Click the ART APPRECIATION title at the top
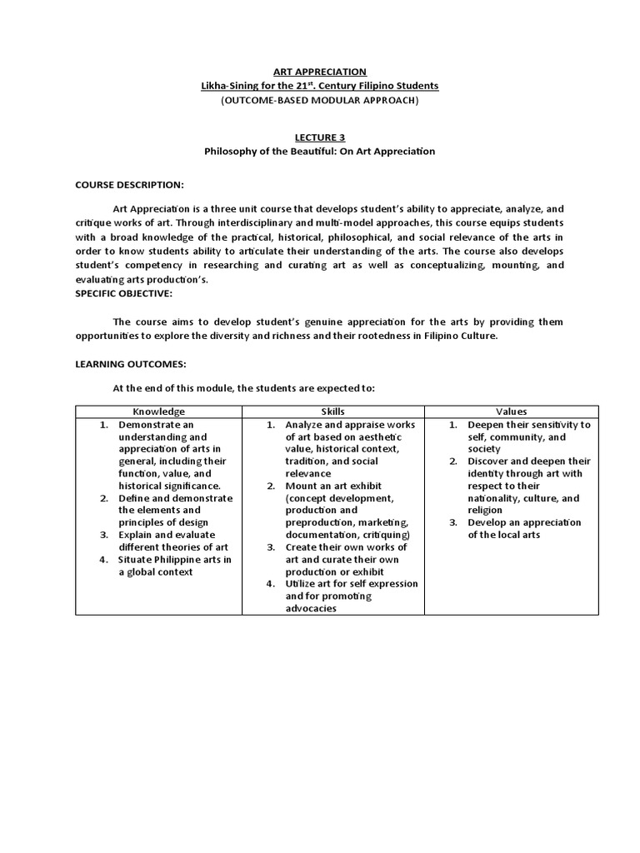pos(320,72)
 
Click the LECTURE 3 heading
pos(320,137)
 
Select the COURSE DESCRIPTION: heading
pos(129,184)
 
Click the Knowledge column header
pos(158,412)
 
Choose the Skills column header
pos(332,412)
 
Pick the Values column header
pos(511,412)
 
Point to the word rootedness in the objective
pos(422,335)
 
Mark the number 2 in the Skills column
pos(271,486)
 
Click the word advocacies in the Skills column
pos(312,608)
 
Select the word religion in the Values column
pos(485,510)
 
